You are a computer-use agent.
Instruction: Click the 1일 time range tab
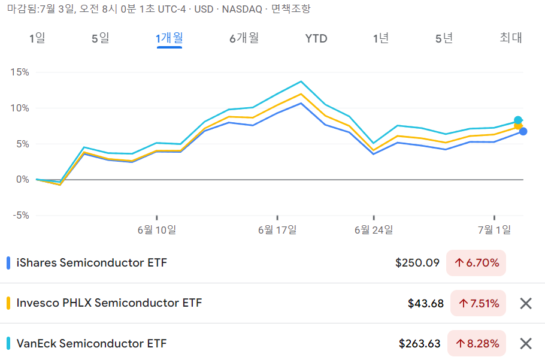tap(37, 38)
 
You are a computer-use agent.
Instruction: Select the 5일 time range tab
tap(101, 38)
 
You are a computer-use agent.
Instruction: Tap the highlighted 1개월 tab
tap(169, 38)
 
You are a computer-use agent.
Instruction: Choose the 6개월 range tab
tap(244, 38)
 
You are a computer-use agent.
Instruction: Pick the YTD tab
tap(316, 38)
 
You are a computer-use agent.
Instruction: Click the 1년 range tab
tap(380, 38)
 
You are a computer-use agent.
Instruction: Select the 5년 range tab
tap(444, 38)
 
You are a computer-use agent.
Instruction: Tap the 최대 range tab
tap(511, 38)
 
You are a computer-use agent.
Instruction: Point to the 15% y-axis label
tap(20, 72)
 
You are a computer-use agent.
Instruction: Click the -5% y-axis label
tap(21, 216)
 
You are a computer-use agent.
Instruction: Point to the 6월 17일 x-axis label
tap(277, 229)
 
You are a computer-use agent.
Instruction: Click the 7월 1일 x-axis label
tap(494, 229)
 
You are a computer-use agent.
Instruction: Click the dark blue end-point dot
tap(523, 131)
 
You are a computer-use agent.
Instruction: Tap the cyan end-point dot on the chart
tap(518, 120)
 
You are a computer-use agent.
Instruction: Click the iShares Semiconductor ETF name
tap(92, 263)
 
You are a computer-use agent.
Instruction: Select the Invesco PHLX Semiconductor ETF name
tap(109, 303)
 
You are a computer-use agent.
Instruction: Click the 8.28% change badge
tap(477, 343)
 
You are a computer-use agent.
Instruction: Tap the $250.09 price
tap(417, 263)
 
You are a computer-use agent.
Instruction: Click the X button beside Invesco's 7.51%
tap(526, 303)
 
